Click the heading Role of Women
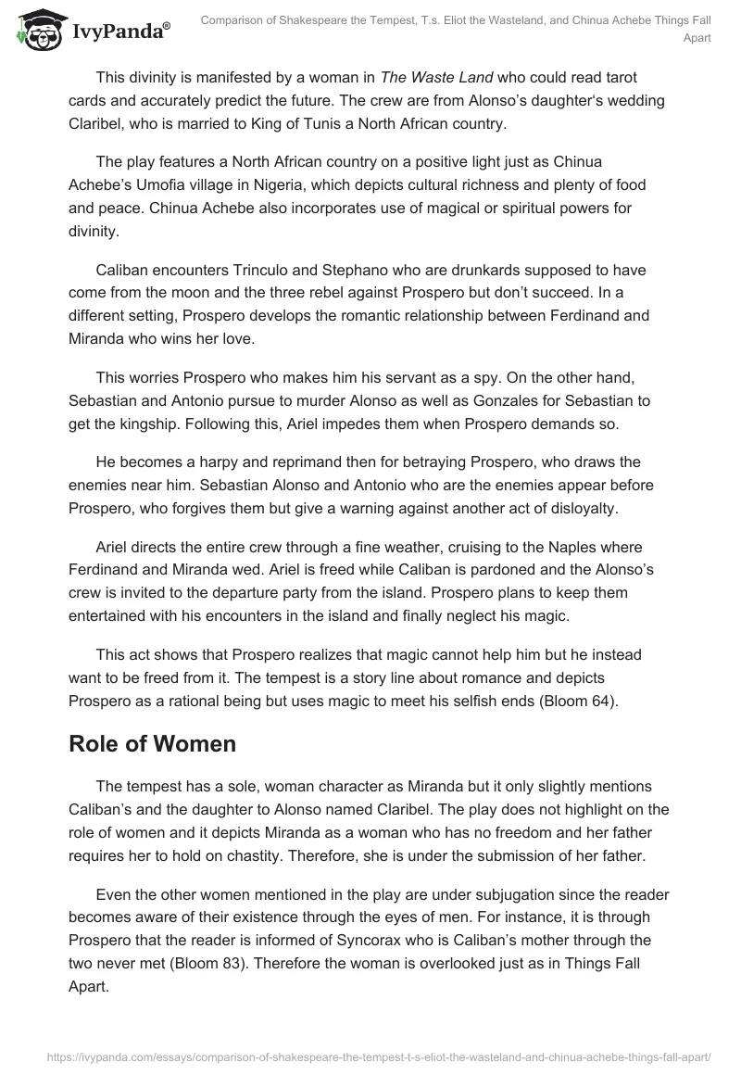(152, 743)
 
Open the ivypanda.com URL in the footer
(370, 1055)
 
